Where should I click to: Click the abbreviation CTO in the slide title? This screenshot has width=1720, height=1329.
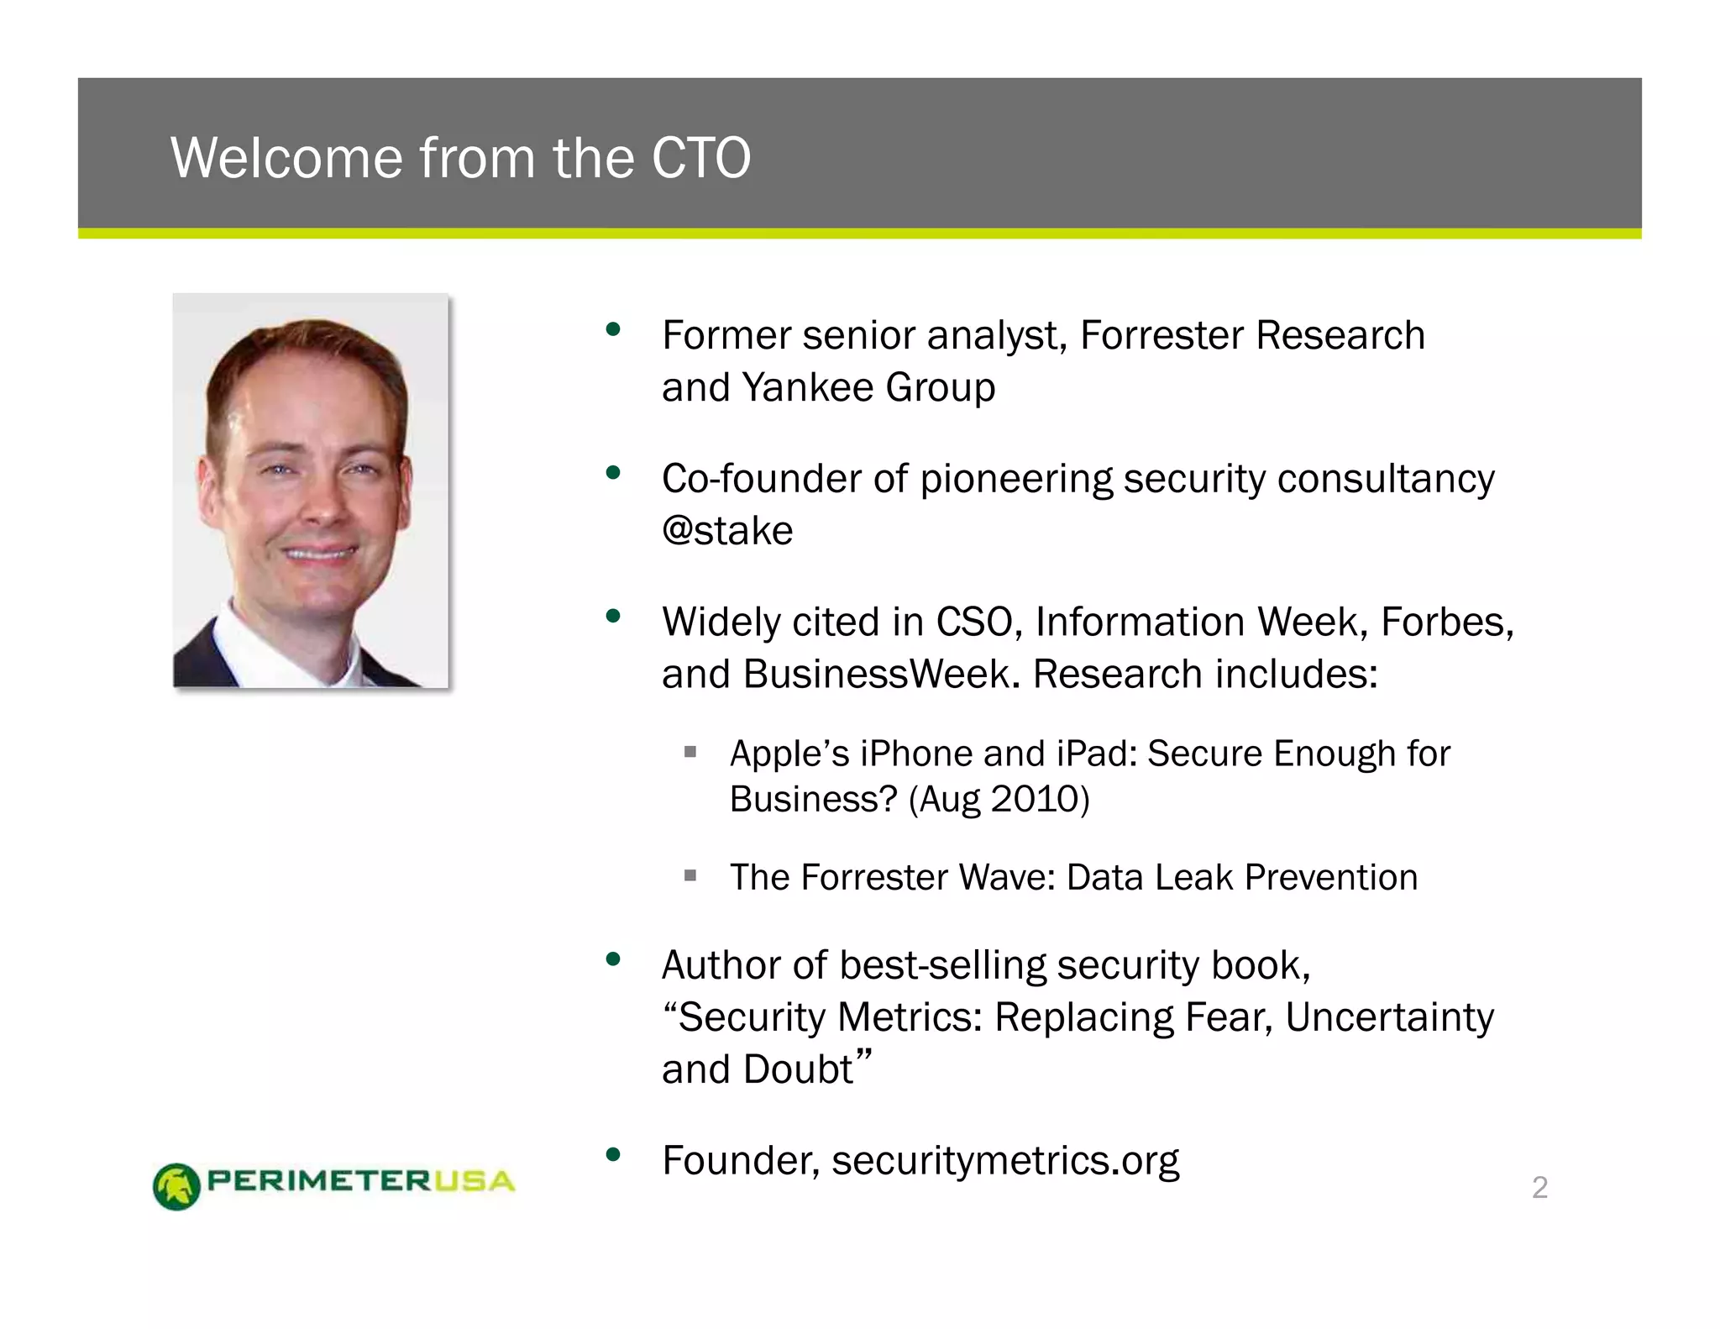pyautogui.click(x=700, y=158)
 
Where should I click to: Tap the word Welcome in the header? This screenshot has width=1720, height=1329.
pyautogui.click(x=286, y=158)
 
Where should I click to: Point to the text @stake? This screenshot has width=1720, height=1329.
pyautogui.click(x=727, y=531)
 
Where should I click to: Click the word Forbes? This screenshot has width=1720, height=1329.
pyautogui.click(x=1446, y=622)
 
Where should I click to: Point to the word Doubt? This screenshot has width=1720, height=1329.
pyautogui.click(x=798, y=1069)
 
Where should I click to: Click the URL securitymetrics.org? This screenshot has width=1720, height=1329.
pyautogui.click(x=1005, y=1160)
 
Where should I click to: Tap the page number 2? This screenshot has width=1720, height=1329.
pyautogui.click(x=1539, y=1187)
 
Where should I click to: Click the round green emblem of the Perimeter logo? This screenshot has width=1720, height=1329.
pyautogui.click(x=176, y=1186)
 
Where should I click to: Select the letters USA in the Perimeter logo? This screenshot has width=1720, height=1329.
pyautogui.click(x=475, y=1181)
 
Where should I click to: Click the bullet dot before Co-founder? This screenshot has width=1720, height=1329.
pyautogui.click(x=613, y=472)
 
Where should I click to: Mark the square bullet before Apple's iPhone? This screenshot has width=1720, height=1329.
pyautogui.click(x=690, y=752)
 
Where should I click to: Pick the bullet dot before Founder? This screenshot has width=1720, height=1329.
pyautogui.click(x=613, y=1154)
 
